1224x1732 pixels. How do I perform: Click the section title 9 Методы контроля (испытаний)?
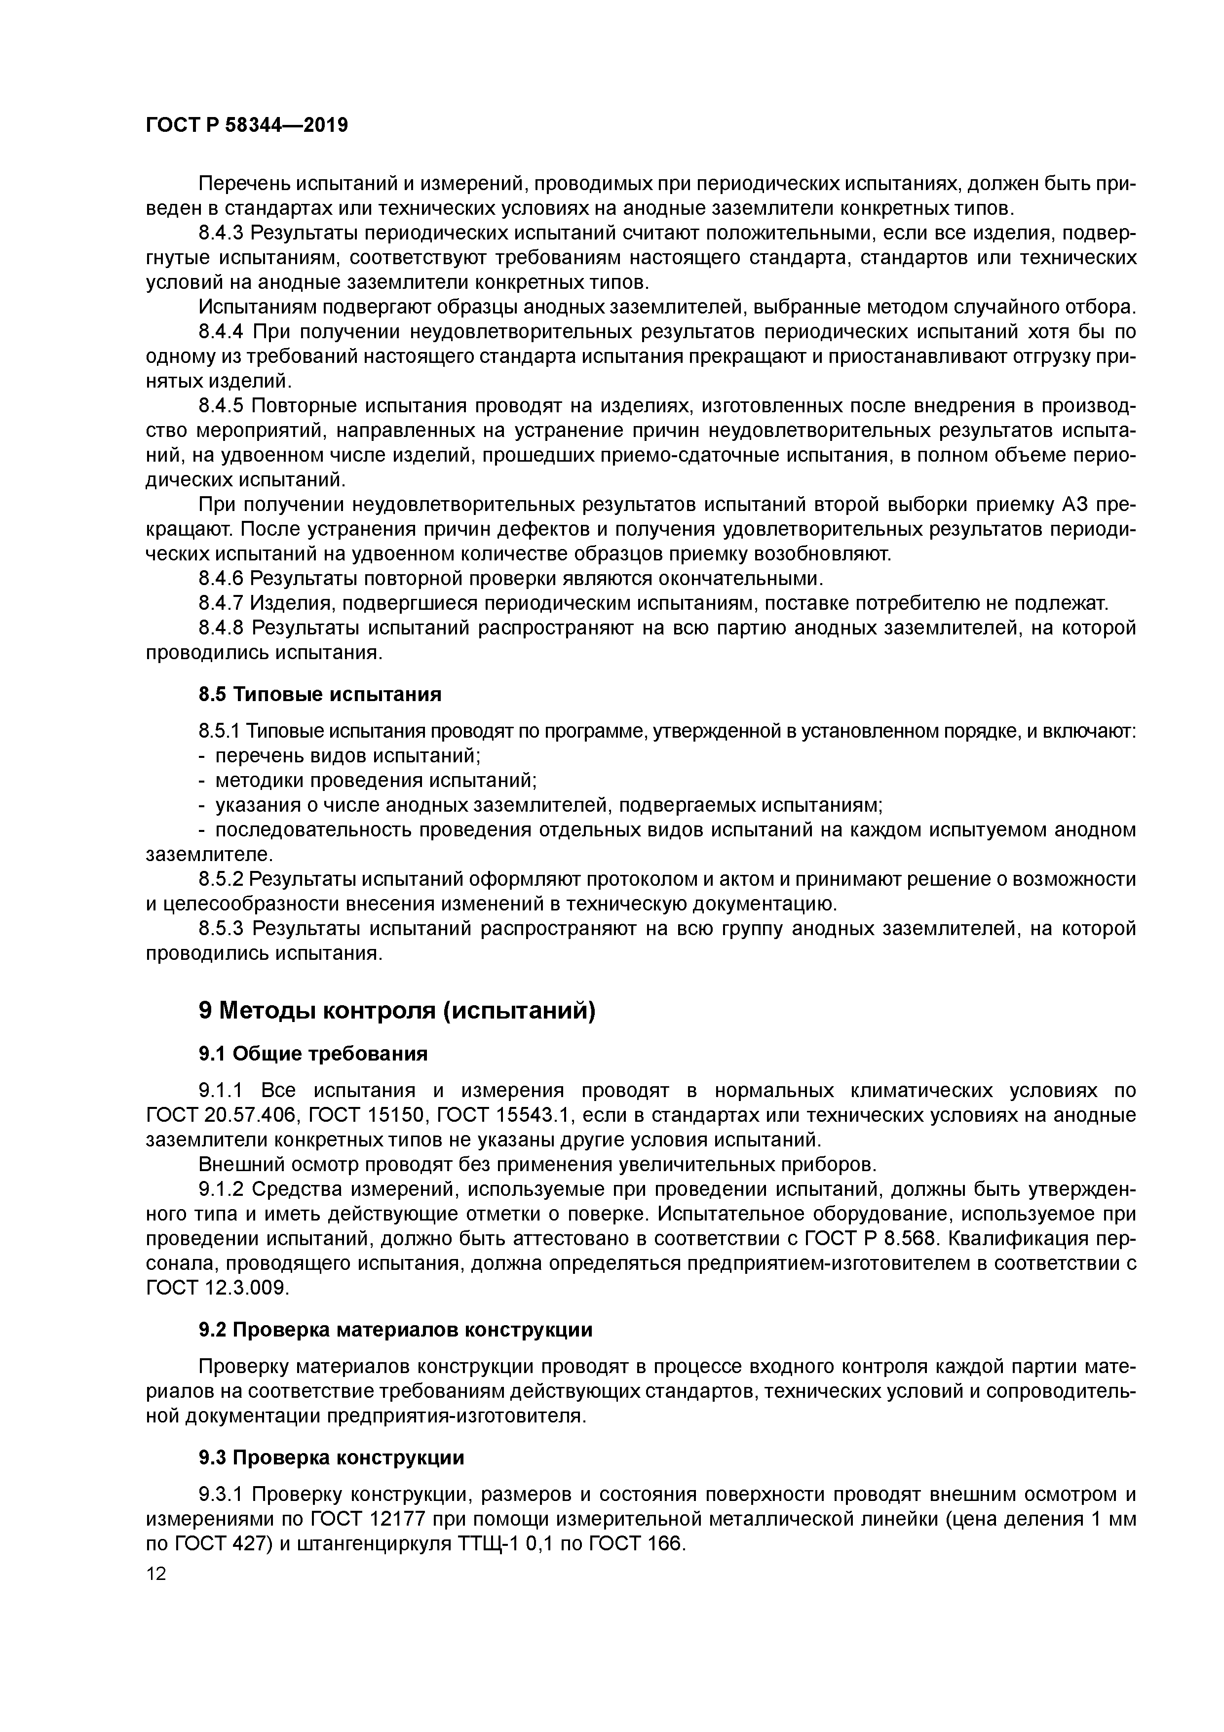397,1010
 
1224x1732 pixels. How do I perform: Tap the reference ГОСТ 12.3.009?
217,1288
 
